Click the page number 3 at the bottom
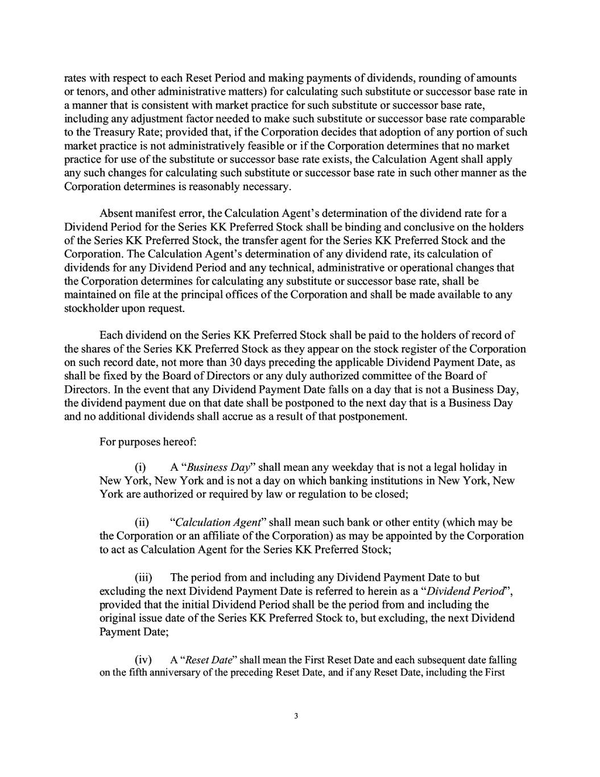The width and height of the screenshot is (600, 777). point(296,716)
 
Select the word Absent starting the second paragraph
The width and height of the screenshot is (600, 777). point(117,213)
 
